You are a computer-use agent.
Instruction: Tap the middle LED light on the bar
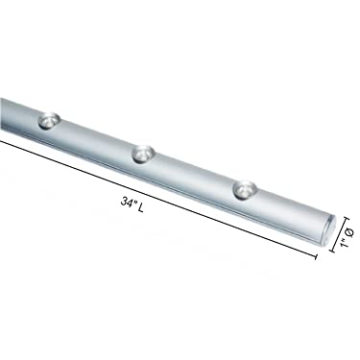pyautogui.click(x=144, y=152)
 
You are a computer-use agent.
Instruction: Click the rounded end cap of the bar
pyautogui.click(x=330, y=227)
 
